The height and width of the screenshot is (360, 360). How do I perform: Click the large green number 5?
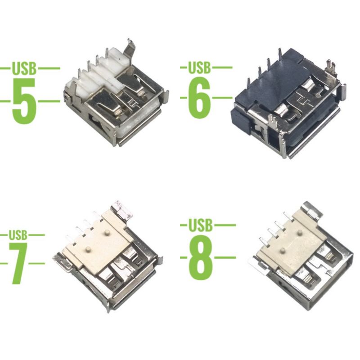(24, 101)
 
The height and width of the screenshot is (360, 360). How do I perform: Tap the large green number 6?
(199, 98)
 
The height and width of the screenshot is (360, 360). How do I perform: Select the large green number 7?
(18, 264)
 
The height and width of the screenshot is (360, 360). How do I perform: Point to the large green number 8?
(200, 257)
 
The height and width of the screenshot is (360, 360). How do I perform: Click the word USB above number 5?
(24, 68)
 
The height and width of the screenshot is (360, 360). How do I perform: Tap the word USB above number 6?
(199, 67)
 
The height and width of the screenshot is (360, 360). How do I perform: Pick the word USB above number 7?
(18, 235)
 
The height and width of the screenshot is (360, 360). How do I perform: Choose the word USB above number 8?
(200, 225)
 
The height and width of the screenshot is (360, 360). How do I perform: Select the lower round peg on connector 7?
(87, 249)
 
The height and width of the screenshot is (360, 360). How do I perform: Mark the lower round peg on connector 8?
(283, 250)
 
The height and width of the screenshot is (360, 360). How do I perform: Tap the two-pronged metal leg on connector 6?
(331, 68)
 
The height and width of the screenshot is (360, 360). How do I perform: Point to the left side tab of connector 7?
(63, 263)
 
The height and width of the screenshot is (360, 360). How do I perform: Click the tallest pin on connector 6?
(280, 55)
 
